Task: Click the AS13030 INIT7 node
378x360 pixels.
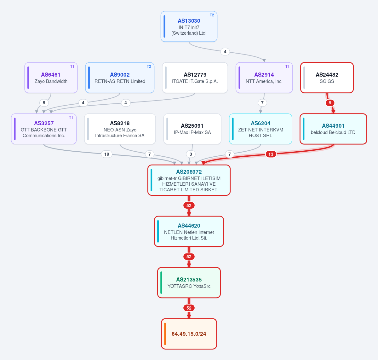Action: [189, 26]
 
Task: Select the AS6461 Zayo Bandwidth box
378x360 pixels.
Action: [51, 78]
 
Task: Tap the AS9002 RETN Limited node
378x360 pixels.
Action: [120, 78]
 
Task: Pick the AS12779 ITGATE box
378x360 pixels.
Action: [195, 78]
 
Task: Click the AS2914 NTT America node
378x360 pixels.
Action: [264, 78]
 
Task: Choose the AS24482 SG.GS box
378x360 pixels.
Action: [327, 78]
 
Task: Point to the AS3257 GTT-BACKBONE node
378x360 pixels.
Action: [44, 129]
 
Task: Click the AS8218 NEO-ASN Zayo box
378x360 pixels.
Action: [120, 129]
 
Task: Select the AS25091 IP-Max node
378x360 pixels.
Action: [192, 129]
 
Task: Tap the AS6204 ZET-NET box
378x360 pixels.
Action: [261, 129]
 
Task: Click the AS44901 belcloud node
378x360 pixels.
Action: [333, 129]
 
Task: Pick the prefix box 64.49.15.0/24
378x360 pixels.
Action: [189, 334]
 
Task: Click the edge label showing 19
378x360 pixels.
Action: [107, 154]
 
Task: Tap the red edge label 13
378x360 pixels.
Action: [271, 154]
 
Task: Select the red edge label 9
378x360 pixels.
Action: [330, 103]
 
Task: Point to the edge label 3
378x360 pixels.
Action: [191, 154]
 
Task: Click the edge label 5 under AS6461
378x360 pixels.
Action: [44, 103]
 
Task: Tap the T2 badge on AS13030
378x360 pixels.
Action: [212, 15]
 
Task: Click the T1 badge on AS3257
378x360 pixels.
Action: [71, 118]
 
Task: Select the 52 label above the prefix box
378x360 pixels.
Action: [189, 308]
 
